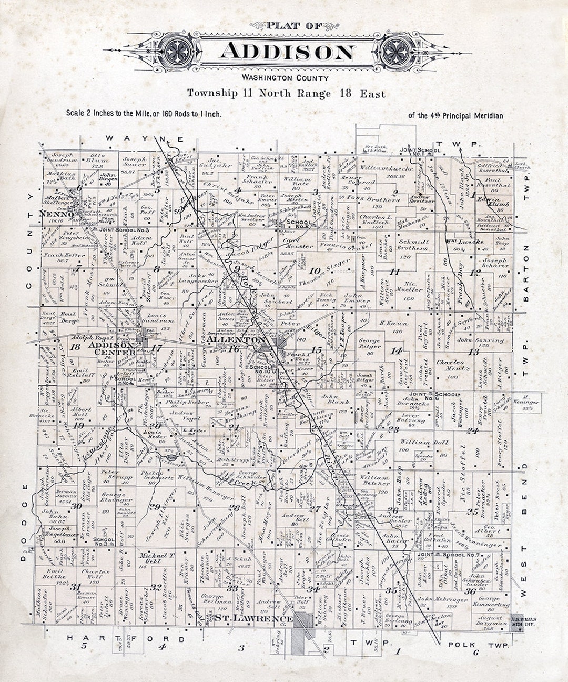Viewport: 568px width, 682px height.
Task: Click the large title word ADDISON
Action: pyautogui.click(x=287, y=52)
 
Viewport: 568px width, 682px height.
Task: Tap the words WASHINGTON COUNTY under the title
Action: pyautogui.click(x=286, y=78)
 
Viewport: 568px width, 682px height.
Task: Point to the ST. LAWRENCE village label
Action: pyautogui.click(x=253, y=619)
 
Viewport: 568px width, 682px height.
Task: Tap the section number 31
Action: pyautogui.click(x=77, y=587)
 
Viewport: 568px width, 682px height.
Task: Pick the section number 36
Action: pyautogui.click(x=470, y=591)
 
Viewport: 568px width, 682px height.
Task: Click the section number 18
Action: pyautogui.click(x=75, y=347)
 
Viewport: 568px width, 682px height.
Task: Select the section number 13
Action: pyautogui.click(x=474, y=352)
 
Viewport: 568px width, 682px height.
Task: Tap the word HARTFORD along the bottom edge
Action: pyautogui.click(x=126, y=639)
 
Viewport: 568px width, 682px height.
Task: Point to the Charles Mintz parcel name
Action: pyautogui.click(x=450, y=366)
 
